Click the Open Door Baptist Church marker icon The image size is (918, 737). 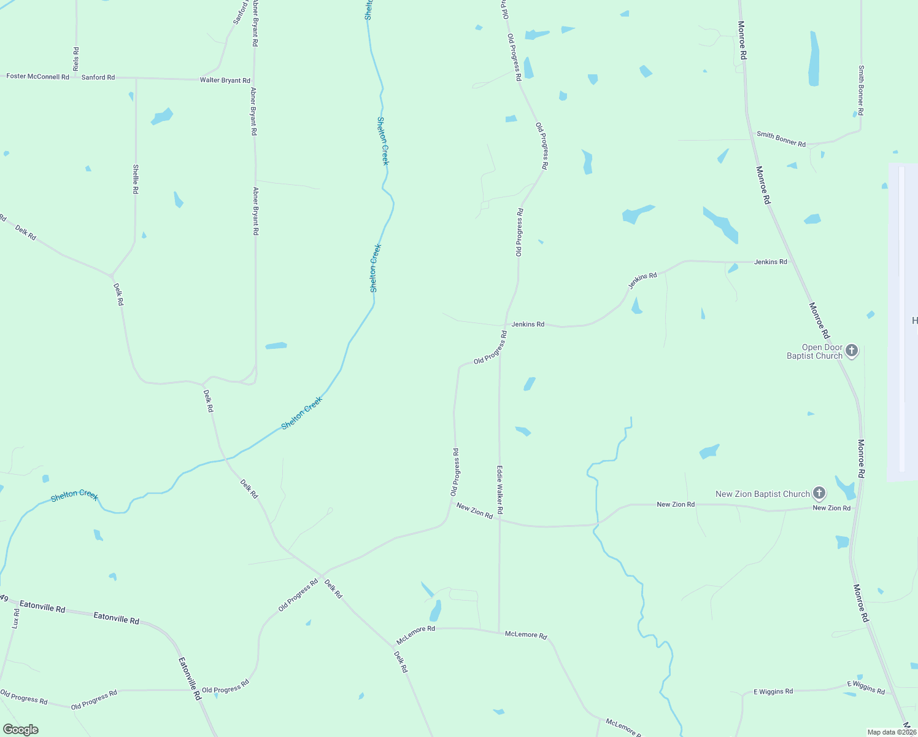[851, 351]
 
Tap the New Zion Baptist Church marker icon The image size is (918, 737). [819, 493]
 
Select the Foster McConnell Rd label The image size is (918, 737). [37, 77]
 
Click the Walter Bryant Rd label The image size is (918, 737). [225, 80]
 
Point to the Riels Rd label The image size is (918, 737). [76, 59]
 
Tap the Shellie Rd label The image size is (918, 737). [136, 179]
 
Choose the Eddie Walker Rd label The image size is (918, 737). [500, 489]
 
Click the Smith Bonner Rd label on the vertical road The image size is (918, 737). [861, 91]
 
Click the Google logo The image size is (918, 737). [20, 730]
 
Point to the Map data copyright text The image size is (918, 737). [891, 732]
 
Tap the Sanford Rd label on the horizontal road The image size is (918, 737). [98, 77]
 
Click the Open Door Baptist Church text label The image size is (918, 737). [814, 352]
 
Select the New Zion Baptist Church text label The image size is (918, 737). [763, 494]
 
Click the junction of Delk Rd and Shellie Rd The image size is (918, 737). [111, 275]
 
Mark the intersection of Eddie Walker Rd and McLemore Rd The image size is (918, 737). [499, 631]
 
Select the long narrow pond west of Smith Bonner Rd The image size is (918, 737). [814, 60]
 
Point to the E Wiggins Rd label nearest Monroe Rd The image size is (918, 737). [866, 687]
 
